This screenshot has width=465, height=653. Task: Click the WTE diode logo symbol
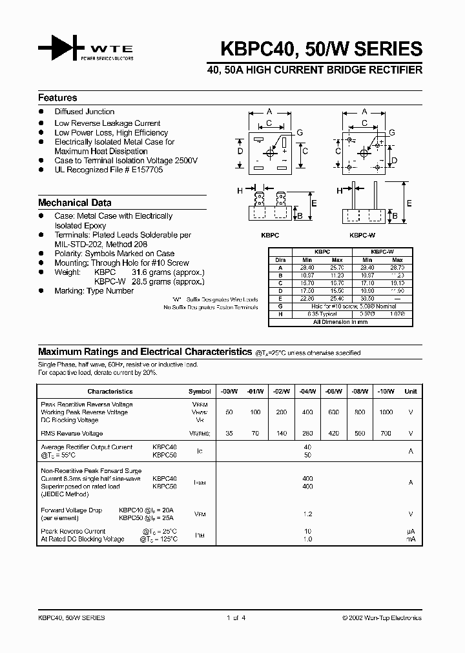pos(61,48)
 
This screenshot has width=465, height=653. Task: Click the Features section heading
pos(57,98)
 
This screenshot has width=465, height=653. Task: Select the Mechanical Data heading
pos(74,203)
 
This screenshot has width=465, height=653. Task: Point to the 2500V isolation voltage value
pos(185,161)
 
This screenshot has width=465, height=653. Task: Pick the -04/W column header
pos(307,391)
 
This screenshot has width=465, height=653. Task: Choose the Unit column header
pos(411,391)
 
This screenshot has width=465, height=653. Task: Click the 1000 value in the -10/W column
pos(386,412)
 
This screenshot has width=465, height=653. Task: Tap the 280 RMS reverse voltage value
pos(307,434)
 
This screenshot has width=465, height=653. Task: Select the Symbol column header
pos(200,391)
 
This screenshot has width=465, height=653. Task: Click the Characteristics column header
pos(110,391)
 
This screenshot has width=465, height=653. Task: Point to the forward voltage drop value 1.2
pos(307,514)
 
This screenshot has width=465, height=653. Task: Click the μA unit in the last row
pos(411,531)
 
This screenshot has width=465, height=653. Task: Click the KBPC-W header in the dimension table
pos(382,252)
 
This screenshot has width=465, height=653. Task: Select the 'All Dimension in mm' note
pos(340,321)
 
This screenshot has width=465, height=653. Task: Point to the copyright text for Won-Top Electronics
pos(382,618)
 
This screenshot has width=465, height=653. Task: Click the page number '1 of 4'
pos(236,618)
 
